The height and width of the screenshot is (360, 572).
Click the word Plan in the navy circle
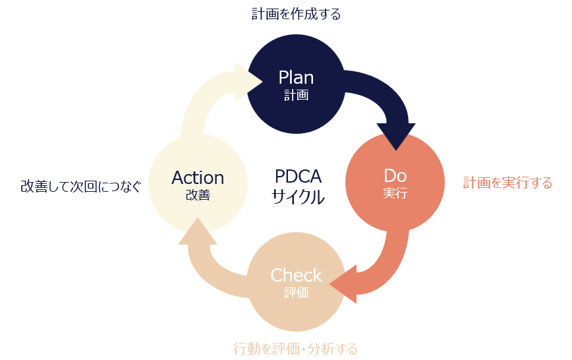coord(296,77)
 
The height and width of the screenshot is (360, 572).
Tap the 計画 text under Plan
coord(296,95)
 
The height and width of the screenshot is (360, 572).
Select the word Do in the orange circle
coord(395,176)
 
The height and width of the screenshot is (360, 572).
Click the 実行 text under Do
coord(395,194)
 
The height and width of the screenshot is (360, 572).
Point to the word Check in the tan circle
coord(296,275)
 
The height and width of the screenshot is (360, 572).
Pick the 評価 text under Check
coord(296,293)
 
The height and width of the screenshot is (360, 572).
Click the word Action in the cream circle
coord(198,177)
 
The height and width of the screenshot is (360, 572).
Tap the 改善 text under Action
coord(198,195)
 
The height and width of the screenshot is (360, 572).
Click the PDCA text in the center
coord(298,177)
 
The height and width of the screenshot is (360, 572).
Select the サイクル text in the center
coord(298,197)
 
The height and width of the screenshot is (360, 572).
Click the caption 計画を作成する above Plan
coord(296,14)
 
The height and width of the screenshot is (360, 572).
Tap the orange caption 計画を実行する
coord(507,183)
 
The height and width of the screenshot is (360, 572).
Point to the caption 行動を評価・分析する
coord(296,348)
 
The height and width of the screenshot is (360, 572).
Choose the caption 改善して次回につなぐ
coord(80,187)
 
